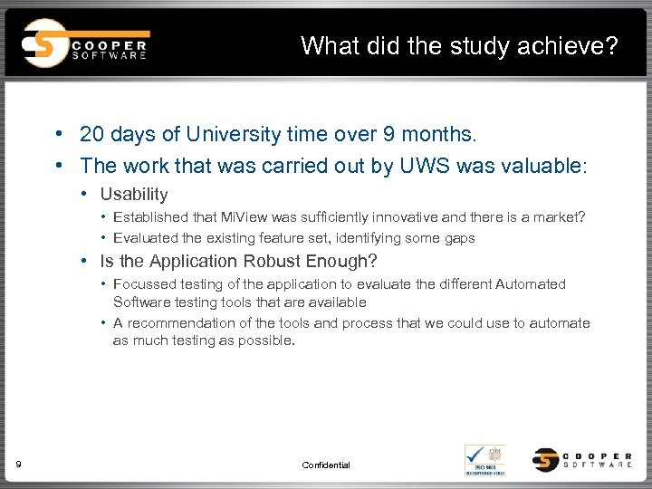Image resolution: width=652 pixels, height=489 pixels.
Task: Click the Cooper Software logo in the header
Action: pyautogui.click(x=85, y=43)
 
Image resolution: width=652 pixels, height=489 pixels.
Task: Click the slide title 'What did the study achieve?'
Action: pyautogui.click(x=460, y=45)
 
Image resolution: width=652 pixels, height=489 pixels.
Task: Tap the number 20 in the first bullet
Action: pyautogui.click(x=91, y=135)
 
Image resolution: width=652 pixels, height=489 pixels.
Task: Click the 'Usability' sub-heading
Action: pyautogui.click(x=134, y=194)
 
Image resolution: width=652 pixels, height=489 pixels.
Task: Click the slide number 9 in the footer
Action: pyautogui.click(x=19, y=465)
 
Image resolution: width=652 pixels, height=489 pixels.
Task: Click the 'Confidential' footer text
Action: pyautogui.click(x=326, y=465)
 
